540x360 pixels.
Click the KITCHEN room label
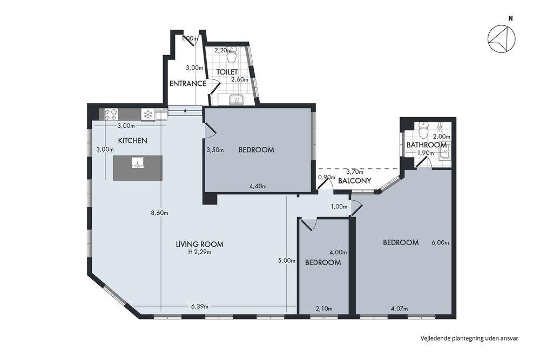[x=133, y=140]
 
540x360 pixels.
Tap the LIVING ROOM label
[x=199, y=244]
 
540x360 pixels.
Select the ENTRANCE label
[x=188, y=83]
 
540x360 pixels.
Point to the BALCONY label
[x=354, y=181]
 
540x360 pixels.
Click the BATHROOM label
[x=427, y=145]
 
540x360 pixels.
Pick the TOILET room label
[x=227, y=72]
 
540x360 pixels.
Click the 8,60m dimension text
[x=159, y=213]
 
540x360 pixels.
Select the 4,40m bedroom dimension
[x=258, y=187]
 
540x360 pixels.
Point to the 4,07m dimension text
[x=399, y=309]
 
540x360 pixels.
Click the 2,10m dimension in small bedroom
[x=323, y=309]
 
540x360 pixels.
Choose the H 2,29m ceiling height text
[x=200, y=252]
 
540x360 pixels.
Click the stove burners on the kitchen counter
[x=111, y=114]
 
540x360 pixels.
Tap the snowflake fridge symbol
[x=147, y=114]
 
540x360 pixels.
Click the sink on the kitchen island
[x=138, y=162]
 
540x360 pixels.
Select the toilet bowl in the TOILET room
[x=232, y=56]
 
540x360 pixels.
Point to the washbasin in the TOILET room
[x=237, y=99]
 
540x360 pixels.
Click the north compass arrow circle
[x=502, y=38]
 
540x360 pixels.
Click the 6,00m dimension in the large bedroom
[x=440, y=242]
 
